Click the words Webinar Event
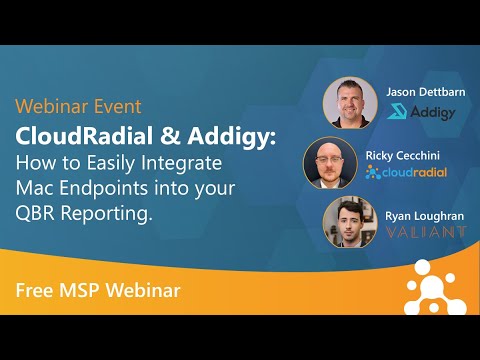(78, 106)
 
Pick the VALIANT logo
(426, 231)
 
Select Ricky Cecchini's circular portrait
(330, 164)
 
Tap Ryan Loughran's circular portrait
(350, 223)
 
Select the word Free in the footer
(33, 291)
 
